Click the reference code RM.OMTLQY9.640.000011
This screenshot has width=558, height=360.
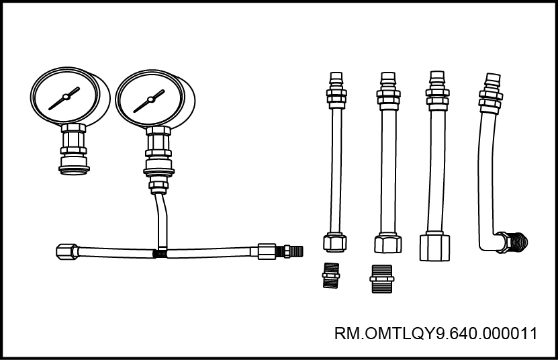436,334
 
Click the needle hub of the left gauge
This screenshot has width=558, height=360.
66,97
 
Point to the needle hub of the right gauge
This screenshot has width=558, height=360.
150,99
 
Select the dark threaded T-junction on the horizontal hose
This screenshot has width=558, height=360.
160,254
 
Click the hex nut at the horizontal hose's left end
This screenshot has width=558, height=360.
67,251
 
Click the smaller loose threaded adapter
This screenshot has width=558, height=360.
330,275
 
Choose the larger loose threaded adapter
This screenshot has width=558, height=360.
382,279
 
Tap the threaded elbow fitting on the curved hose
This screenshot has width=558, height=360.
512,242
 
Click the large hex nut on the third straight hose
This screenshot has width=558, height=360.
434,246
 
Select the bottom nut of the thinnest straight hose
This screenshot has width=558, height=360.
335,242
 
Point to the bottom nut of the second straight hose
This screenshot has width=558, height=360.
388,243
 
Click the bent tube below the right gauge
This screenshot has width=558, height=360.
162,221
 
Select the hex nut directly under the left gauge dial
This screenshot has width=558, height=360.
73,128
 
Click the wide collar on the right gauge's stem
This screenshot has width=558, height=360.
159,171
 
